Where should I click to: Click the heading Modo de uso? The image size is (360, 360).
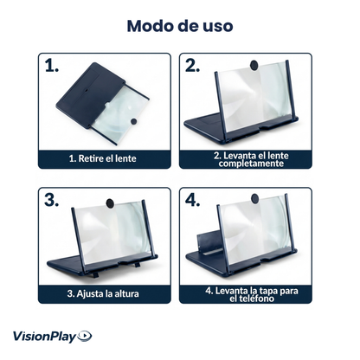[x=179, y=25]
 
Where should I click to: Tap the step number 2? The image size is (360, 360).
[x=194, y=66]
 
